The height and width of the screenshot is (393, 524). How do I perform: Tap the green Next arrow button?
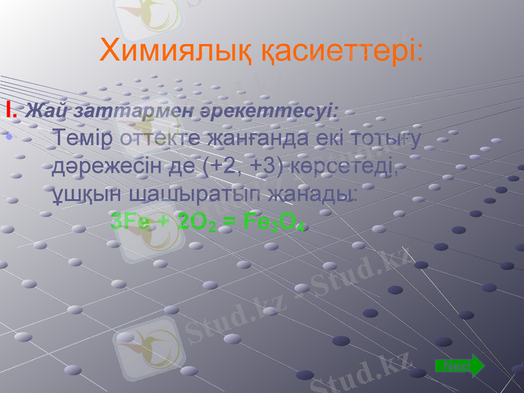[460, 365]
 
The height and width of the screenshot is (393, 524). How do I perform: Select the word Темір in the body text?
[84, 139]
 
